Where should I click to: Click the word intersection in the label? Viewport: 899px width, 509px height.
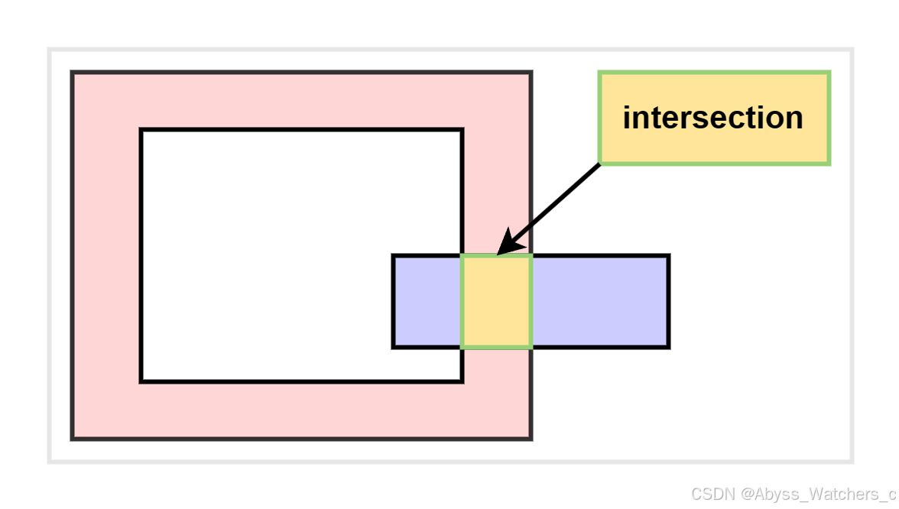tap(712, 118)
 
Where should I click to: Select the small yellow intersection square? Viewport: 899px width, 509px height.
tap(496, 301)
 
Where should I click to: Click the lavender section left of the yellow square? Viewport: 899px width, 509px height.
tap(427, 301)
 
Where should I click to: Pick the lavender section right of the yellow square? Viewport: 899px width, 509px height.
tap(600, 301)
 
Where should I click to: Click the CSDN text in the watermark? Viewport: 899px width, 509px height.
tap(712, 493)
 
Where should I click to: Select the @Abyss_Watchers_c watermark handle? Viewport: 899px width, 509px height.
tap(817, 493)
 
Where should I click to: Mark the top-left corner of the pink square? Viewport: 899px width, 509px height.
tap(73, 73)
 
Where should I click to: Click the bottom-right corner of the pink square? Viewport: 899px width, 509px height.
tap(531, 439)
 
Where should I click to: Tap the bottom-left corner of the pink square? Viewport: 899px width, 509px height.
tap(73, 439)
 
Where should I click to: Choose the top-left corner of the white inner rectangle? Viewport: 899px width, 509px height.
tap(142, 131)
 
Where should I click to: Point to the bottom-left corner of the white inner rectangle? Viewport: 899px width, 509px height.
tap(142, 381)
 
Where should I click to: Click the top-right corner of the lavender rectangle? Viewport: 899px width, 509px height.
tap(668, 256)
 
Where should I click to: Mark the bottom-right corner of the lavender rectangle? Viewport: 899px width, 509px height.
tap(668, 347)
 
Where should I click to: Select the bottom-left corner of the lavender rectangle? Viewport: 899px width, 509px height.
tap(394, 347)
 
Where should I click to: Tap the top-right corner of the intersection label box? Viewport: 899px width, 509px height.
tap(829, 73)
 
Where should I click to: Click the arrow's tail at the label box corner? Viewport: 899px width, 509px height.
tap(600, 164)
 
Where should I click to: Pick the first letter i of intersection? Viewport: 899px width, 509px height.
tap(628, 118)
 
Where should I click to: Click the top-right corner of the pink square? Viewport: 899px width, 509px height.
tap(531, 73)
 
